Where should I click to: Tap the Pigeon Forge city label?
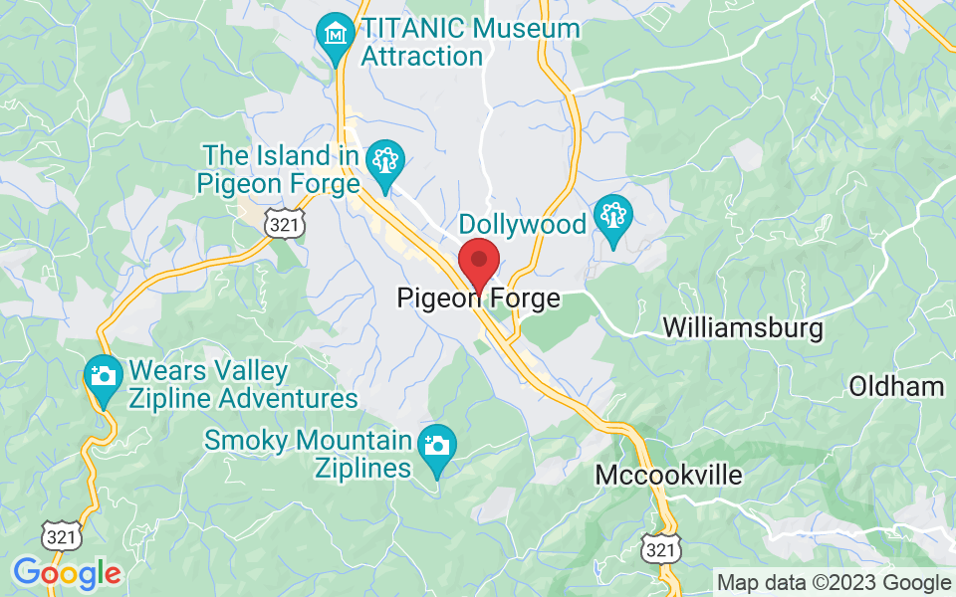[478, 298]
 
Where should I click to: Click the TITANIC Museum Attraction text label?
[470, 42]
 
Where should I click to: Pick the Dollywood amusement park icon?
[612, 218]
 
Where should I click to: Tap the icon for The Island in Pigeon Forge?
[383, 160]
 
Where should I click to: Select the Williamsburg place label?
[743, 328]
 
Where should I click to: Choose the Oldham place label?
[896, 387]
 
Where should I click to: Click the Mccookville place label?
[669, 476]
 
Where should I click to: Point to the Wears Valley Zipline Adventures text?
[243, 386]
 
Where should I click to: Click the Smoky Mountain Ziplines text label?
[309, 453]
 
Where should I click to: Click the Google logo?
[67, 572]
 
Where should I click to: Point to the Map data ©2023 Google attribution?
[835, 583]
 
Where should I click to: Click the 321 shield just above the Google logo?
[61, 536]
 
